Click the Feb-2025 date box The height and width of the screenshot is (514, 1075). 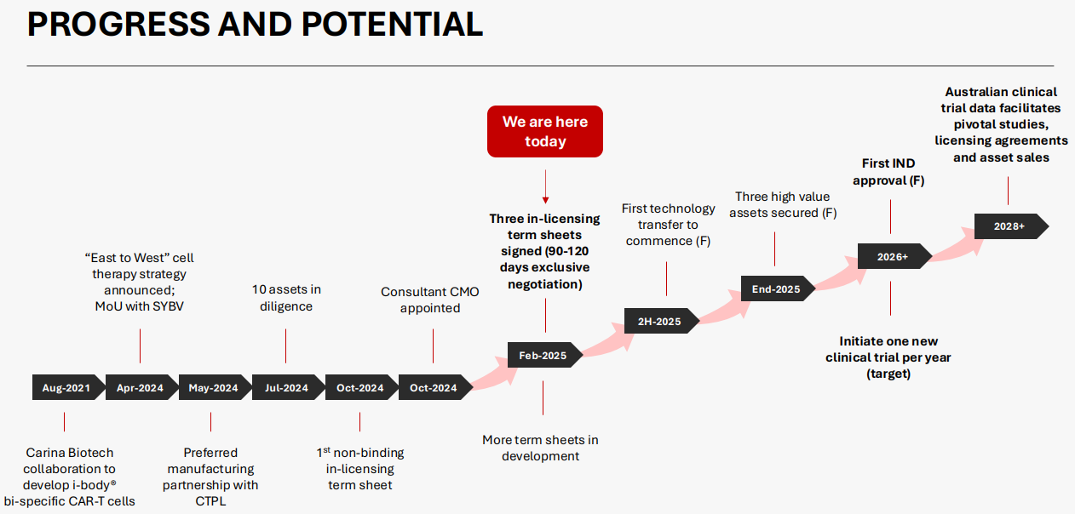point(545,355)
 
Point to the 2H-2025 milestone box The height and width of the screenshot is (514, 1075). point(662,321)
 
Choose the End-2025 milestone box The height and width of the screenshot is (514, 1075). point(779,288)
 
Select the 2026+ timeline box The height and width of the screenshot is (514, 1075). point(895,256)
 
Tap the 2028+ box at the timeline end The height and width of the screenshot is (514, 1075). point(1012,226)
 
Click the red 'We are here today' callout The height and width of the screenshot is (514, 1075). point(545,131)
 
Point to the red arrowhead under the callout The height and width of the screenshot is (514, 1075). point(545,200)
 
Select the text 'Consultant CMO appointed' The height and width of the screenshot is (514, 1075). point(430,300)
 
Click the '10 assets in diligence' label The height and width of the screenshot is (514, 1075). point(286,298)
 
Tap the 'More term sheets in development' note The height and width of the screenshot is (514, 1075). point(540,448)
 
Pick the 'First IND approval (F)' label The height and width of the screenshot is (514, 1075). point(888,172)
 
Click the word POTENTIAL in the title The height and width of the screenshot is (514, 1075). point(392,24)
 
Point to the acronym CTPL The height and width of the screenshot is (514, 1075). point(210,501)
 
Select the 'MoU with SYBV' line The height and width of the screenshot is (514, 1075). point(139,306)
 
